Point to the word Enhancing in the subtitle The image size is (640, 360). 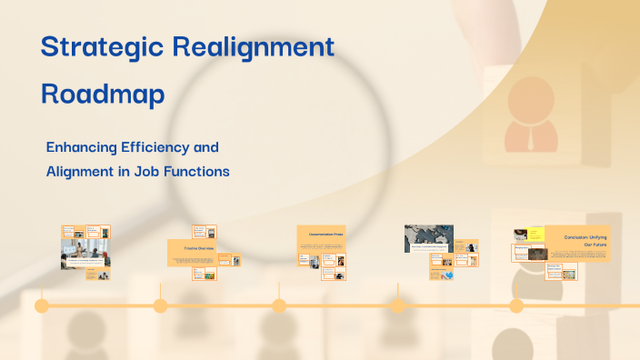pyautogui.click(x=85, y=146)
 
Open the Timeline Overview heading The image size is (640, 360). pyautogui.click(x=191, y=246)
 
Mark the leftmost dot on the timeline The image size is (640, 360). pyautogui.click(x=42, y=305)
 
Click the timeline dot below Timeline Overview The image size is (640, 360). pyautogui.click(x=160, y=305)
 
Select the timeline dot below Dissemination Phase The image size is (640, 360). pyautogui.click(x=279, y=305)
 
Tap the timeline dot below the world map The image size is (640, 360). pyautogui.click(x=398, y=305)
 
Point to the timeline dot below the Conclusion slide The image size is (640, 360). pyautogui.click(x=516, y=305)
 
